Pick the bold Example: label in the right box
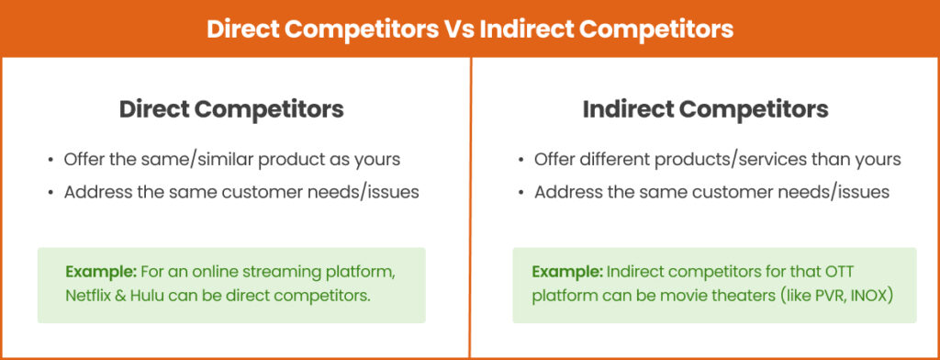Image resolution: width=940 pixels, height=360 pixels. (564, 272)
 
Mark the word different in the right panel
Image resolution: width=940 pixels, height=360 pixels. (611, 159)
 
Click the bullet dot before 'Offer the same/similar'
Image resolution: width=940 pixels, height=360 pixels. (50, 160)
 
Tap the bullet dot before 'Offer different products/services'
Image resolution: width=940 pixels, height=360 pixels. (520, 160)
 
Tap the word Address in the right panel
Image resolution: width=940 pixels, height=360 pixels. (563, 192)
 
